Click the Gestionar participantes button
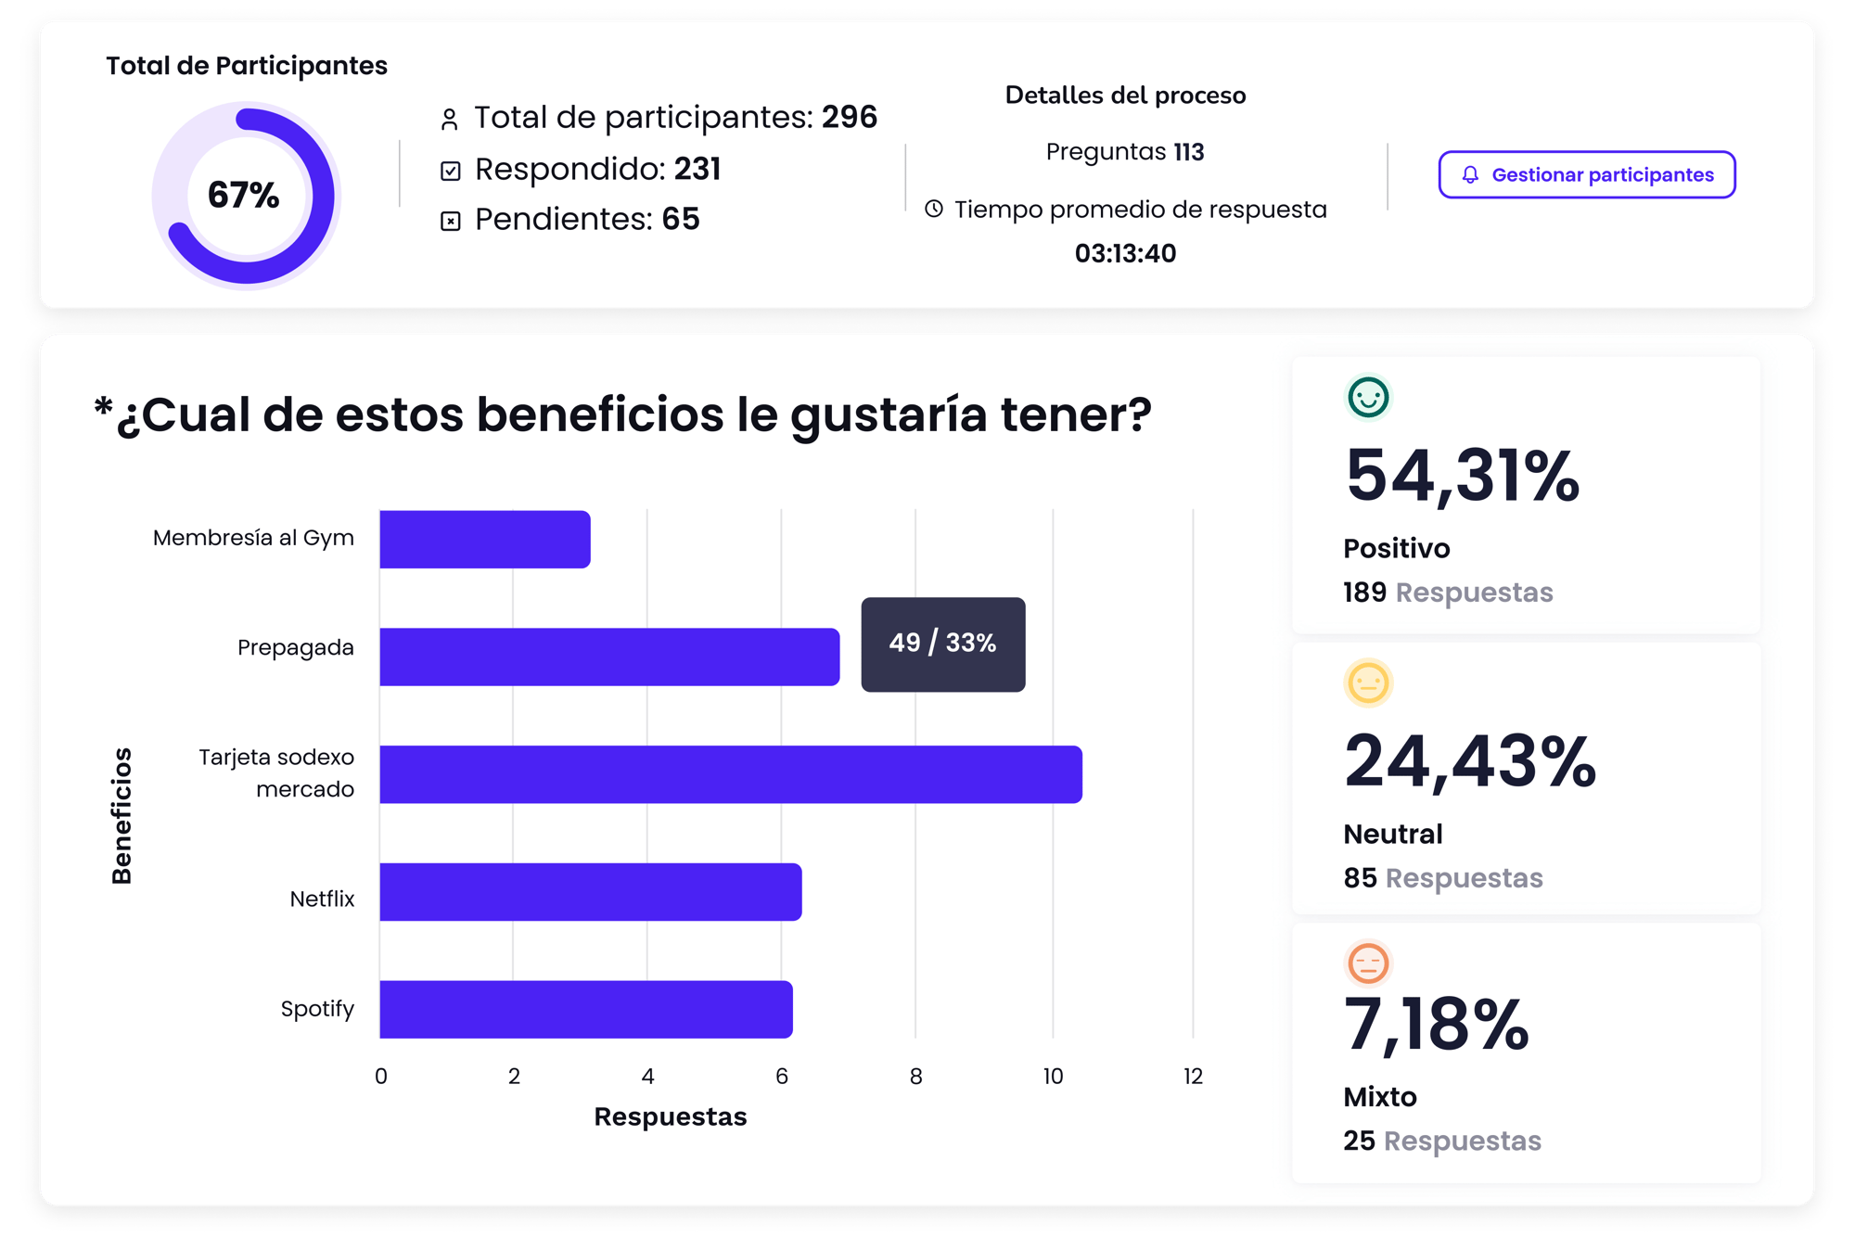click(1586, 174)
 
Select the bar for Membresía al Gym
click(484, 539)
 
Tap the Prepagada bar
click(608, 657)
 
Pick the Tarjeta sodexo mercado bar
click(730, 774)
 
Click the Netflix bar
click(590, 892)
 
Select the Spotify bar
click(585, 1009)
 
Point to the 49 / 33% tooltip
click(942, 644)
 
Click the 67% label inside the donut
click(243, 195)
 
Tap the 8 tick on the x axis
click(915, 1077)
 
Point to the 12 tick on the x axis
click(1193, 1077)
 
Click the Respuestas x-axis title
click(670, 1116)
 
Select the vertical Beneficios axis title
click(122, 815)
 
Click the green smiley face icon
click(1368, 398)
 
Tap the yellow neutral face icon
click(1368, 683)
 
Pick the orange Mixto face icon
click(1368, 963)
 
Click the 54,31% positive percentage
click(1462, 476)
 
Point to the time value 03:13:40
click(1125, 253)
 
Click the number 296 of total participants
click(849, 117)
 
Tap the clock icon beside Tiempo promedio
click(934, 210)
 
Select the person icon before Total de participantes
click(450, 120)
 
